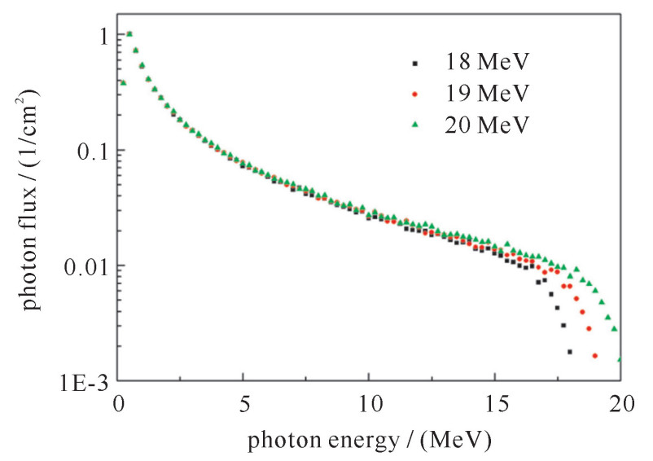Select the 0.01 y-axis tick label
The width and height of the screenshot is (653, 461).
pos(85,266)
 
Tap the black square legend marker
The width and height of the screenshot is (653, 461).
pos(414,62)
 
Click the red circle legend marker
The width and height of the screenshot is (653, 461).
pos(414,94)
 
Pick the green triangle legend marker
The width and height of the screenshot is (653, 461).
pos(414,125)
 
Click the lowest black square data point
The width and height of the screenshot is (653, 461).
pos(569,352)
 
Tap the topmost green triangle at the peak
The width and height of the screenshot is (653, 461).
pos(129,33)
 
